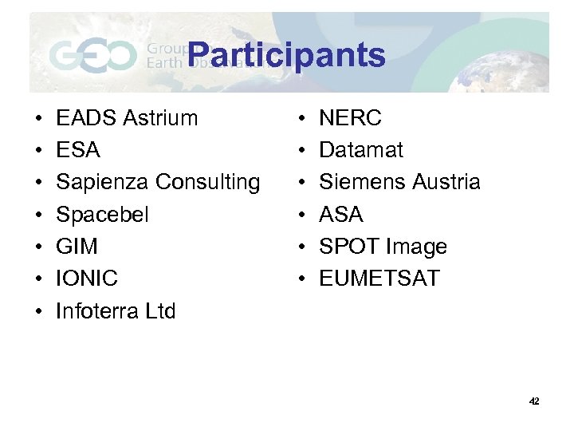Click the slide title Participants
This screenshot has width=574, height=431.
point(287,55)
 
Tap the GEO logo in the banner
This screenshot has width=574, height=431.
point(92,56)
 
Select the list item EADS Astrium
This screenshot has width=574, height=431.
point(127,118)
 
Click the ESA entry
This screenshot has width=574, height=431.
point(78,150)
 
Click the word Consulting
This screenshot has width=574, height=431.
point(207,182)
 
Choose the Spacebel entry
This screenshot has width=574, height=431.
point(102,215)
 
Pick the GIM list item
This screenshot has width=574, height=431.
point(77,247)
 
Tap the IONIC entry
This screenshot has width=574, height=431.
point(87,279)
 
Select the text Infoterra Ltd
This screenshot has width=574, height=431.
point(116,310)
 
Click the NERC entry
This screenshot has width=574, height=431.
point(351,118)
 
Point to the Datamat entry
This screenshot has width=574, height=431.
point(361,150)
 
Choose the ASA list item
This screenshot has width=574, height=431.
point(341,215)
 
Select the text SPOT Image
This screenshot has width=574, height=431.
point(383,247)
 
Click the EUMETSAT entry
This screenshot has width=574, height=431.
point(379,279)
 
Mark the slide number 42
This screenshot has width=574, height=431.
point(533,401)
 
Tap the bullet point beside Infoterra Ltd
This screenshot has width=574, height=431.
point(38,311)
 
